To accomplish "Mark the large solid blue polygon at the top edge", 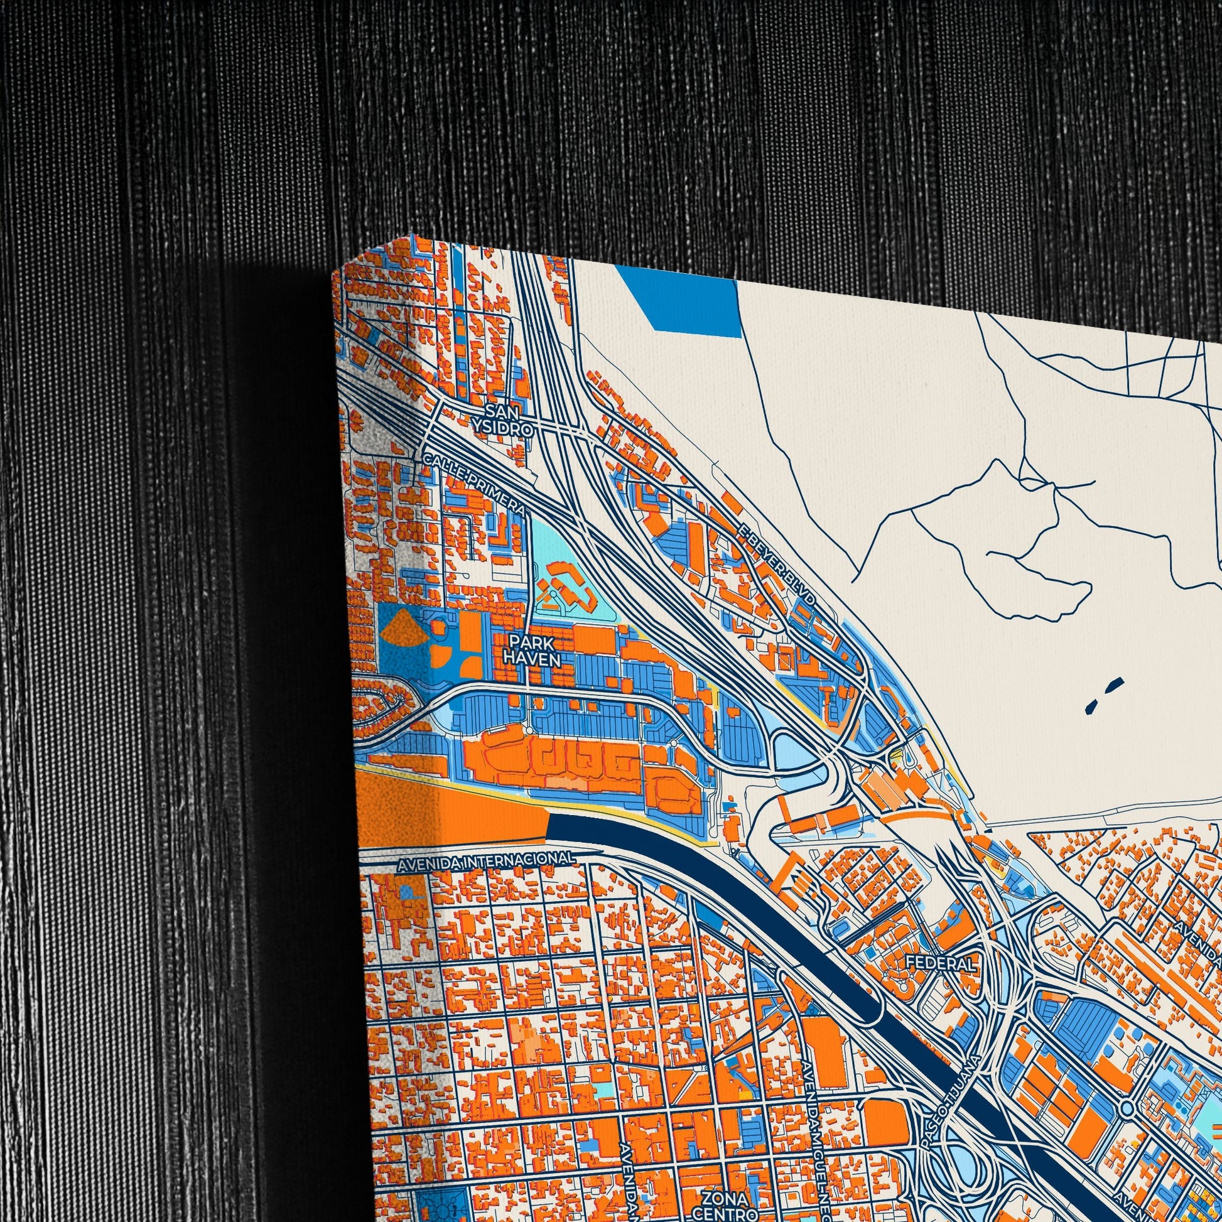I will point(696,306).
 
